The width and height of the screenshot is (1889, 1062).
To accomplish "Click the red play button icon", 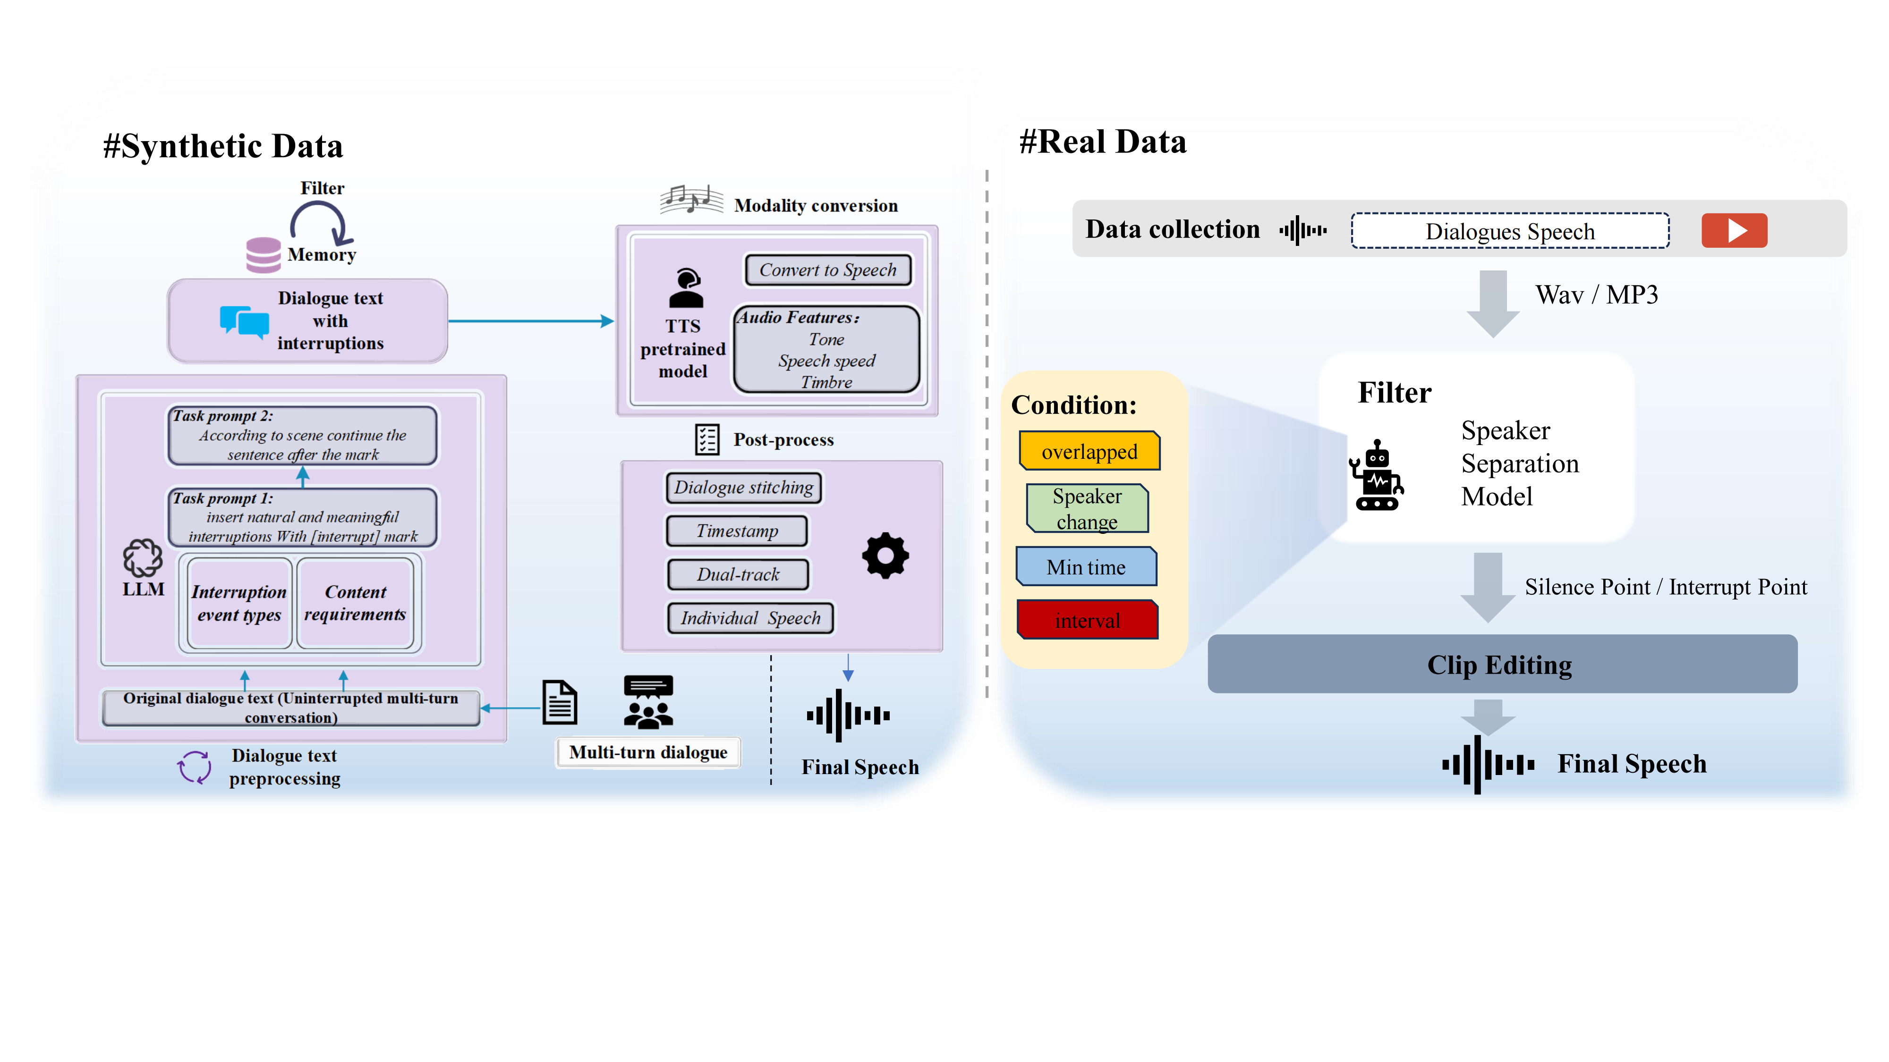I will (x=1734, y=230).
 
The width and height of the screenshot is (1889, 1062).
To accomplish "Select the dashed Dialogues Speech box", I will (x=1510, y=231).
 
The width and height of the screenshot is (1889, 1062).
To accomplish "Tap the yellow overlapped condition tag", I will (x=1089, y=451).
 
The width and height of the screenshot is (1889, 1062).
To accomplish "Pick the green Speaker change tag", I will (x=1087, y=508).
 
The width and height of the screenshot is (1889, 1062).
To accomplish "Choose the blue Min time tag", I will (x=1086, y=566).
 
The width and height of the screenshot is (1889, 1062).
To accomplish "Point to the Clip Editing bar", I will (x=1501, y=664).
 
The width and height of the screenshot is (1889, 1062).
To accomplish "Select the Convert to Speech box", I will (x=827, y=270).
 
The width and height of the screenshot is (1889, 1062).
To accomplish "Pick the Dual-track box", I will (x=738, y=574).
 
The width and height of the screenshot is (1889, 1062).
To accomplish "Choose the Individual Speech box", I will (x=750, y=618).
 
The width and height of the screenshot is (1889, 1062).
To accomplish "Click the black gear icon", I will (x=885, y=556).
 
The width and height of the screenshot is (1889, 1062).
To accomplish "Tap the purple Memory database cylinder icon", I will (x=263, y=254).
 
